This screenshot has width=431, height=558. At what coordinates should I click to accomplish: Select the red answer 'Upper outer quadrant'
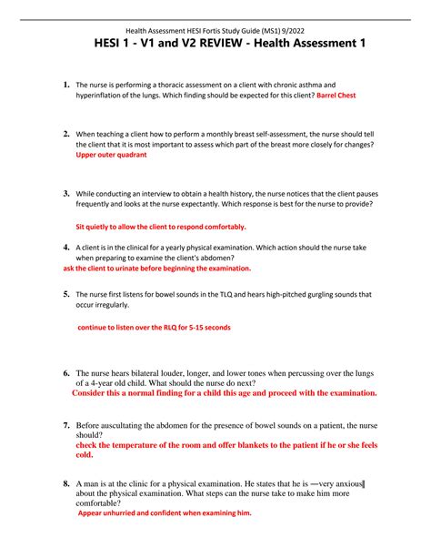[x=111, y=155]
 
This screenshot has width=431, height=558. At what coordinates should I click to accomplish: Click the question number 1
[x=66, y=85]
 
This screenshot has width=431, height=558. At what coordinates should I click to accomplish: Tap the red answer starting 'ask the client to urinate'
[x=155, y=269]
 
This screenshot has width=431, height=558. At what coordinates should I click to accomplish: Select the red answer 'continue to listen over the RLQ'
[x=154, y=327]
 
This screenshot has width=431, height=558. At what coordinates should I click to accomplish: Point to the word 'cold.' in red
[x=85, y=454]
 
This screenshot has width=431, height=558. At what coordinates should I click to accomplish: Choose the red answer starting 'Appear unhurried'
[x=164, y=512]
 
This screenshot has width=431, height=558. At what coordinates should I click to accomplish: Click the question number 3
[x=66, y=194]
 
